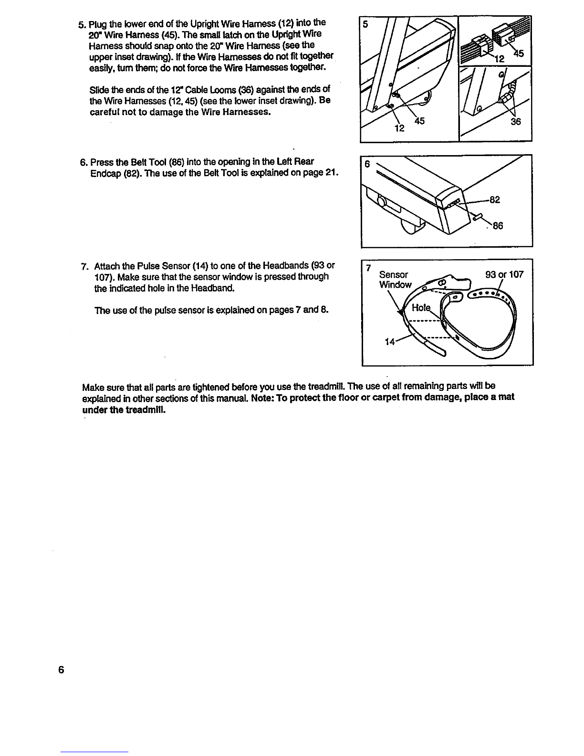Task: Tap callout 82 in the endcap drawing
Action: tap(495, 200)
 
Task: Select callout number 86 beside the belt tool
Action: tap(498, 227)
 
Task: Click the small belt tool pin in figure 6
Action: tap(478, 218)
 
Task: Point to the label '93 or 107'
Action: tap(504, 275)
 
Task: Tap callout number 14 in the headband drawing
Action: tap(390, 342)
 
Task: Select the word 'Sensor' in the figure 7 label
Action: tap(393, 275)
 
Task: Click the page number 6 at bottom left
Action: tap(61, 669)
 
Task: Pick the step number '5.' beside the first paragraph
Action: tap(82, 24)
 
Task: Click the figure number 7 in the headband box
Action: tap(368, 268)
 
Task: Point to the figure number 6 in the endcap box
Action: tap(367, 164)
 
